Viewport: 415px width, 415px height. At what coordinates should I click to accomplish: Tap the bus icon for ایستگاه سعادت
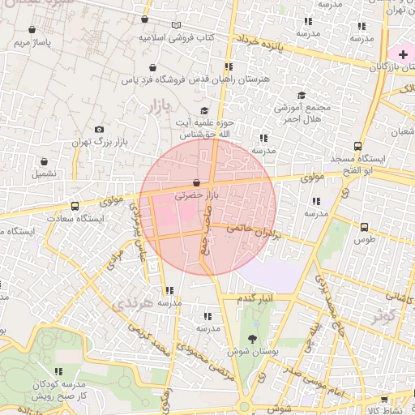pos(75,207)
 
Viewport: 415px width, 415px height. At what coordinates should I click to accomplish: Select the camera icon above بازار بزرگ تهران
pos(99,130)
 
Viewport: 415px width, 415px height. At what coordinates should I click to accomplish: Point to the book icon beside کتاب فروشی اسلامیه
pos(176,25)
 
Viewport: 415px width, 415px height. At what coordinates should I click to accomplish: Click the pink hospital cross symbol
pos(403,53)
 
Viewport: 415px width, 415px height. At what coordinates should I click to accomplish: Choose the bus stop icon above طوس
pos(364,228)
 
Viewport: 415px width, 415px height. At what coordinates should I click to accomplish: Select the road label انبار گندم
pos(254,299)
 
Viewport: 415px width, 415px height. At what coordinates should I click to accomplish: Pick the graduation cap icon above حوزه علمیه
pos(203,111)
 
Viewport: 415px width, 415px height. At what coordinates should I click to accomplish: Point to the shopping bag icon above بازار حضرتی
pos(197,183)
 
